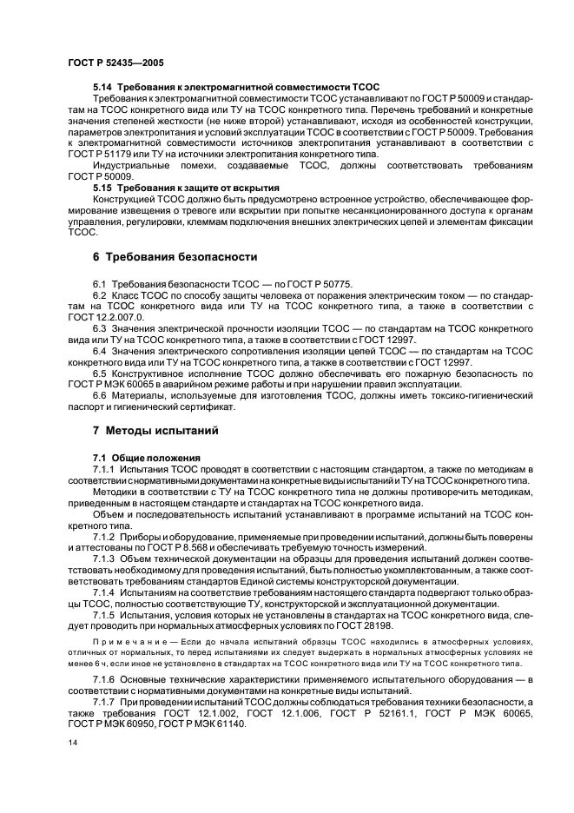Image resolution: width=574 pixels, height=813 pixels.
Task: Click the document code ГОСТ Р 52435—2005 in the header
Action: pyautogui.click(x=115, y=63)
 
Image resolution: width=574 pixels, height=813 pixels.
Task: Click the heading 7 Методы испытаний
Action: pyautogui.click(x=155, y=430)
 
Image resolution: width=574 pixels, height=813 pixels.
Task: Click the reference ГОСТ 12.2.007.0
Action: pyautogui.click(x=100, y=318)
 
